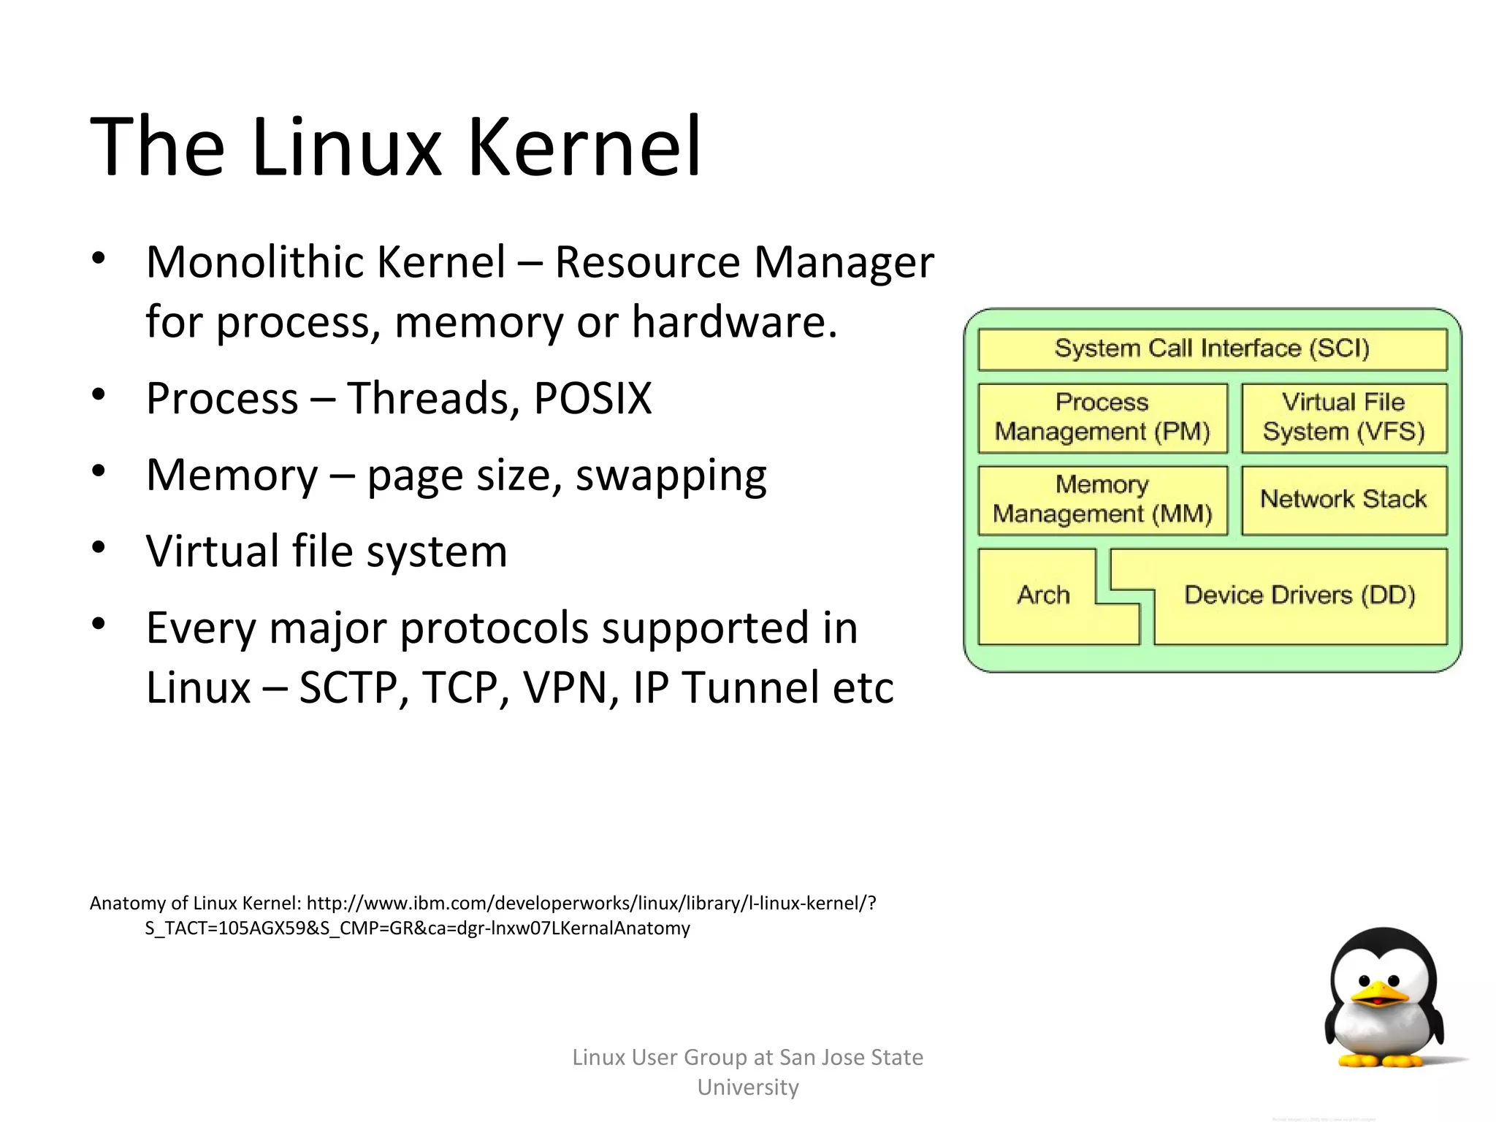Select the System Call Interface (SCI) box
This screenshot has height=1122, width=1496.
[1212, 348]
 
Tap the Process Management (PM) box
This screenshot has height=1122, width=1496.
[1102, 417]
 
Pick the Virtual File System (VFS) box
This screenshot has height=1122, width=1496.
[1343, 417]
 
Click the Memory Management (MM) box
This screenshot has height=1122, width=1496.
[1102, 500]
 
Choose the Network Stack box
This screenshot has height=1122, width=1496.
[1343, 500]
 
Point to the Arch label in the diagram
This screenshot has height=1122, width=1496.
[1043, 595]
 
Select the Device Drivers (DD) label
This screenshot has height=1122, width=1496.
[1300, 595]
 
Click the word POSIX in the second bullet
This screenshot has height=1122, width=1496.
[592, 399]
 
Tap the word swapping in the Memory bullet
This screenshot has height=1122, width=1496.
[671, 476]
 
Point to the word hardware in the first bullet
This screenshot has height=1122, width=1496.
[733, 322]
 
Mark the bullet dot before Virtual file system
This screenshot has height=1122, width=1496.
[100, 546]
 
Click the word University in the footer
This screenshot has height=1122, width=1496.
[747, 1088]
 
